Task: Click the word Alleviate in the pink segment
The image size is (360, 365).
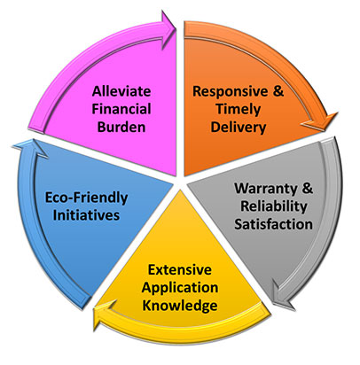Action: point(121,91)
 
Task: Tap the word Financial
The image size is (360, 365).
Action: point(121,109)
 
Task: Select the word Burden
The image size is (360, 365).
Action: point(121,127)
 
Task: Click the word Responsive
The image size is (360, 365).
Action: point(231,91)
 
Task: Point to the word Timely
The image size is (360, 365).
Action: point(239,110)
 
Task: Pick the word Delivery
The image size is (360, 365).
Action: point(239,128)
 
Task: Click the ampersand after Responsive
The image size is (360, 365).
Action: point(278,91)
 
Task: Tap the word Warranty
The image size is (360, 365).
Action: point(265,190)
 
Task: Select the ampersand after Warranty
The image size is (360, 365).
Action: point(308,189)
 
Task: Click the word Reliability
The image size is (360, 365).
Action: point(274,206)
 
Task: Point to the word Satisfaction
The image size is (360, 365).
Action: point(274,224)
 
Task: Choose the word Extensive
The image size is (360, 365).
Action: point(180,269)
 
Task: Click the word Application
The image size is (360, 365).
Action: point(180,288)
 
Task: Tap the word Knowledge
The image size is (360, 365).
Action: point(180,306)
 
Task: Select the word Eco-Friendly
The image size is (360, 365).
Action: point(86,198)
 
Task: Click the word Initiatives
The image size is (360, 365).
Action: point(86,215)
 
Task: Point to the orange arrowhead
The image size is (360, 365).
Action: point(321,122)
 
